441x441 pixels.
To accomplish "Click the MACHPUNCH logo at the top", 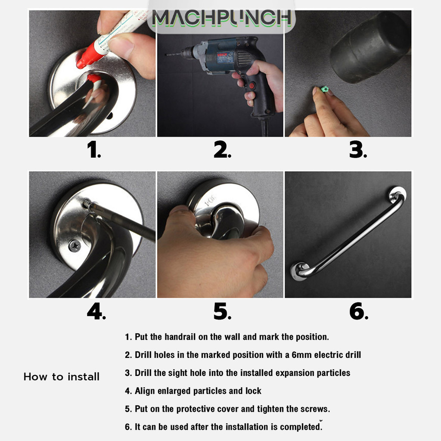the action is click(x=221, y=18).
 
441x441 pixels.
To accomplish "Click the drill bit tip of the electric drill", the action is click(x=167, y=55).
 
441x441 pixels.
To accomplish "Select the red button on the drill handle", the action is click(x=252, y=85).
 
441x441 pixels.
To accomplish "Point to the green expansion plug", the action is click(x=325, y=90).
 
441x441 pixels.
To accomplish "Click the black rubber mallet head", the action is click(x=369, y=48).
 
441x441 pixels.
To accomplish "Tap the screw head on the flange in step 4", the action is click(x=75, y=246).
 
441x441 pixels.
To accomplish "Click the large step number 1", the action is click(x=94, y=149).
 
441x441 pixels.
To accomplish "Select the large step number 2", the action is click(x=223, y=149).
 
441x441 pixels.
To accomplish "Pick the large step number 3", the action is click(x=358, y=149).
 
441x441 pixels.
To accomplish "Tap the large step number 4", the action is click(x=96, y=311).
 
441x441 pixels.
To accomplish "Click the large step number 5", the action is click(x=223, y=311).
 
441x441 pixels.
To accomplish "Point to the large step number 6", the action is click(x=359, y=311).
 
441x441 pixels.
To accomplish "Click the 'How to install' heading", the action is click(x=62, y=376).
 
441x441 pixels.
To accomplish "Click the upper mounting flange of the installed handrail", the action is click(x=398, y=195).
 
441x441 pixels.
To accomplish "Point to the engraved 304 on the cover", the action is click(x=210, y=200).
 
